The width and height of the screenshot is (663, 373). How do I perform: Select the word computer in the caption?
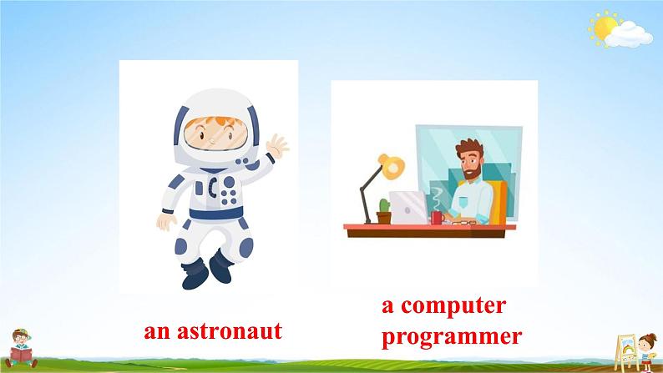pos(453,306)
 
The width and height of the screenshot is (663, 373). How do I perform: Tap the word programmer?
pos(452,336)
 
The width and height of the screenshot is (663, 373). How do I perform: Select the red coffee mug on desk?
pos(436,218)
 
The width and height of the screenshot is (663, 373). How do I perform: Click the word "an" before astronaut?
pos(155,332)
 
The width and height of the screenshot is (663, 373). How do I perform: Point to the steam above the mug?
pos(436,198)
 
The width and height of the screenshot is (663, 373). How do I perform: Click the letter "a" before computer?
pos(387,306)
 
